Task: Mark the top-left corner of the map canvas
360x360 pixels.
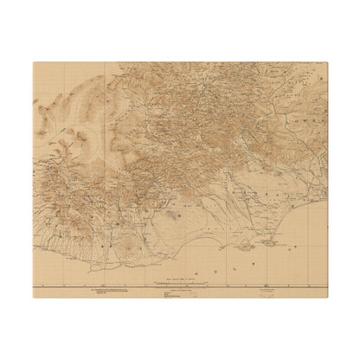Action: pos(32,61)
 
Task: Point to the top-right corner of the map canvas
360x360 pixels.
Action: pos(328,61)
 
